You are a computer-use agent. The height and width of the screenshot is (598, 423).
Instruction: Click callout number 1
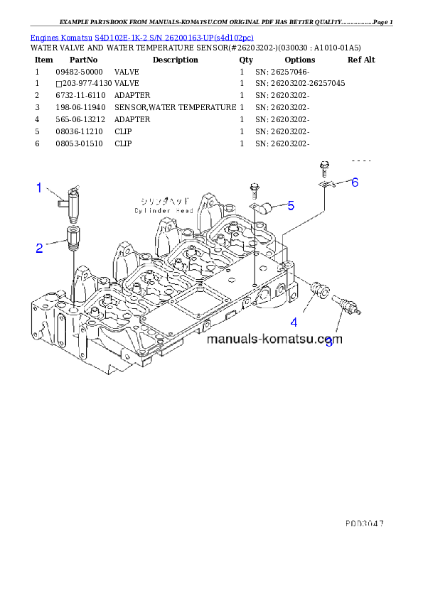pos(40,187)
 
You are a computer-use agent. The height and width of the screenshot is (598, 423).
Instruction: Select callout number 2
pos(40,248)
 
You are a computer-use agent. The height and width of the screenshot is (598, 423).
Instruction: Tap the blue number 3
pos(328,343)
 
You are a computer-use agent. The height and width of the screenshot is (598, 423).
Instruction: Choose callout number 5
pos(290,206)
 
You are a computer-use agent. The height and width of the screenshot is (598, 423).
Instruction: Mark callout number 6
pos(355,182)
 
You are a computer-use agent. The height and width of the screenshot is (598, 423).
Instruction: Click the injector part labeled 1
pos(70,200)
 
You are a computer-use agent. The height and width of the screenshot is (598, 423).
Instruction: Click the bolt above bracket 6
pos(323,168)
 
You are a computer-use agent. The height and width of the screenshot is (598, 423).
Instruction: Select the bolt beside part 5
pos(254,190)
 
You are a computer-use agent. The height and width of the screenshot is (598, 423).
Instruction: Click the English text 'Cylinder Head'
pos(164,211)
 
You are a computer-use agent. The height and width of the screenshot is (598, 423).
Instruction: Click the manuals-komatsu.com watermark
pos(274,339)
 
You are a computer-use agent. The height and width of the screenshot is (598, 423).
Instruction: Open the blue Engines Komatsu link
pos(141,36)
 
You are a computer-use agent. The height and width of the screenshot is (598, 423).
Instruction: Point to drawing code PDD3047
pos(364,522)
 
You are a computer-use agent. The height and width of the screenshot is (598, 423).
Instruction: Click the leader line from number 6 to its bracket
pos(341,184)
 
